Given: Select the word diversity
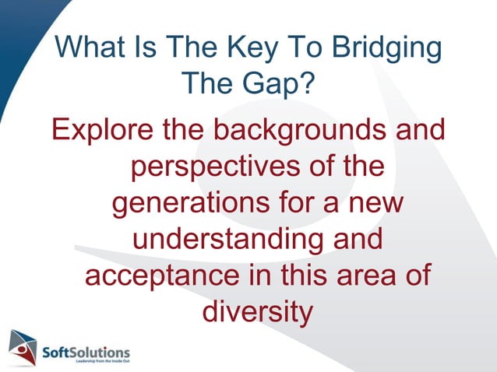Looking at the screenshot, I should (257, 314).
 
